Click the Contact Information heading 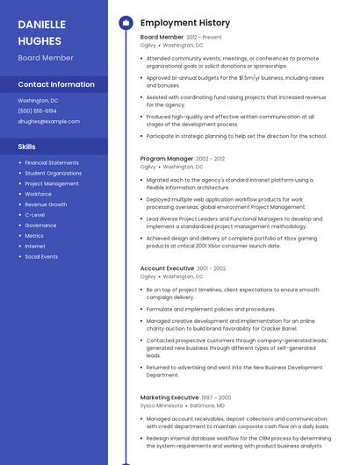(56, 84)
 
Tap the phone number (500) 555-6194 (37, 111)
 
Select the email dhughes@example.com (48, 121)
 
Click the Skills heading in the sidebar (27, 147)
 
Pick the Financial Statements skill (51, 162)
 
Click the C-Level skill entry (34, 214)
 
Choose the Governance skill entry (40, 225)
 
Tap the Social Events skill (41, 256)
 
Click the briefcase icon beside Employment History (126, 22)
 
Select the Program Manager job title (167, 159)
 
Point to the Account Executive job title (167, 268)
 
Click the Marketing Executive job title (169, 397)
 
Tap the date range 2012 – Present (205, 38)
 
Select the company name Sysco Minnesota (161, 406)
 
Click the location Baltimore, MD (207, 406)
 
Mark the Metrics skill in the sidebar (34, 235)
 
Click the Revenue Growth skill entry (46, 204)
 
